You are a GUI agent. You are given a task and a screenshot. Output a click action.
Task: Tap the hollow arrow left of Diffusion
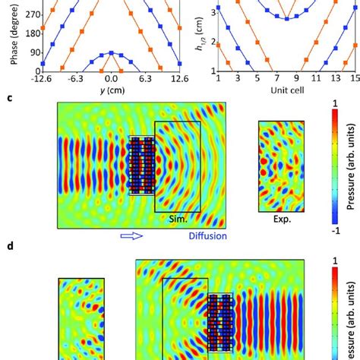pyautogui.click(x=131, y=236)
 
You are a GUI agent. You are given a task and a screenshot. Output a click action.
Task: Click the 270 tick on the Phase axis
pyautogui.click(x=11, y=13)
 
